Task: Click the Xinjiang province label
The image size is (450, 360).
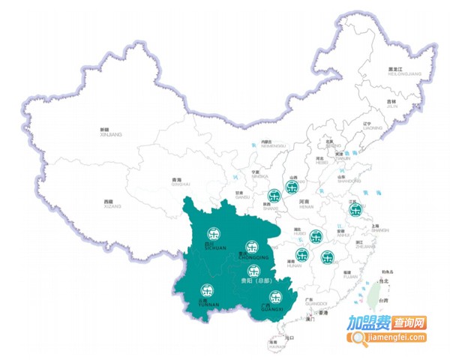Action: coord(110,132)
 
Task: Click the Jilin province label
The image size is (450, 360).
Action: coord(391,103)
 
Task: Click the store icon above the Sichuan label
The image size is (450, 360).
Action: coord(214,233)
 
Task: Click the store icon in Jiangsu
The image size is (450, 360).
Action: coord(355,210)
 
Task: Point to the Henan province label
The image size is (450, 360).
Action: coord(304,203)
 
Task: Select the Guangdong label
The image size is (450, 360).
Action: coord(308,301)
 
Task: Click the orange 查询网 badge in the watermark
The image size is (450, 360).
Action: coord(409,323)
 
